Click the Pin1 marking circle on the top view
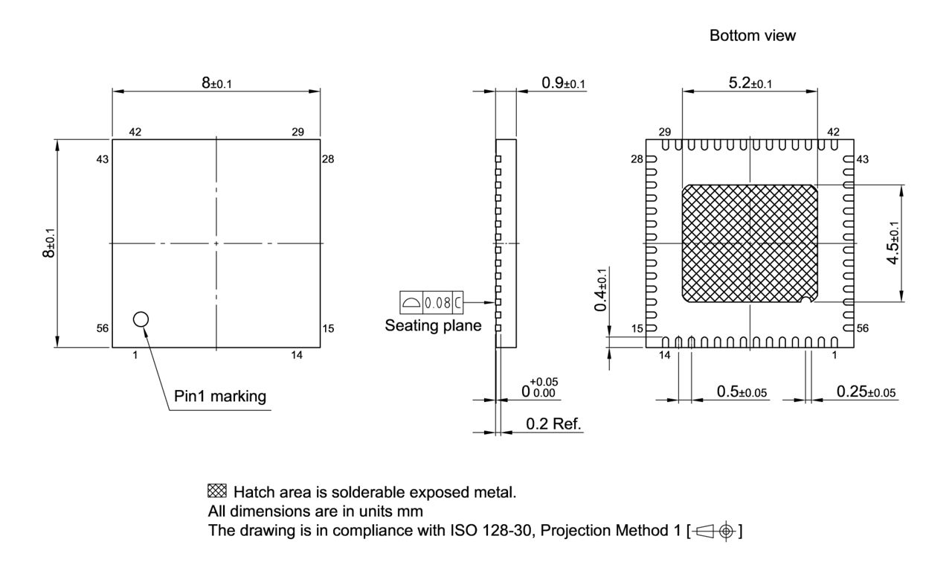click(141, 319)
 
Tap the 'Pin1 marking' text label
click(219, 396)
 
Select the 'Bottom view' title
click(752, 36)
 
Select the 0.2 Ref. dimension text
click(553, 424)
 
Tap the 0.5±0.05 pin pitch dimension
click(742, 392)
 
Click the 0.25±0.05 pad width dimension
click(866, 392)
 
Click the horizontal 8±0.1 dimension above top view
click(216, 83)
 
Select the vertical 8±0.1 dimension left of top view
click(48, 243)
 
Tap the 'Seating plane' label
click(432, 326)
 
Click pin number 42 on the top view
click(135, 133)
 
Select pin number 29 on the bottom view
click(664, 132)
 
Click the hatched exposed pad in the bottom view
click(750, 243)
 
